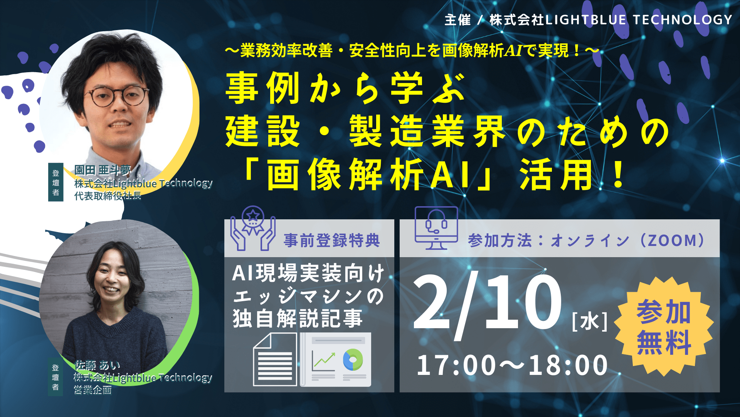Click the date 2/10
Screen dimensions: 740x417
(x=488, y=303)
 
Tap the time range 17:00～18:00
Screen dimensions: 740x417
(x=513, y=365)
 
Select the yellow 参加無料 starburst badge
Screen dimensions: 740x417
(x=663, y=327)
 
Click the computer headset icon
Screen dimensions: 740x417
(x=436, y=228)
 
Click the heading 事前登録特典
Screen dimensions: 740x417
(x=332, y=240)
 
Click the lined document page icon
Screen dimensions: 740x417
(x=275, y=359)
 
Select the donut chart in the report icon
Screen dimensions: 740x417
(x=353, y=359)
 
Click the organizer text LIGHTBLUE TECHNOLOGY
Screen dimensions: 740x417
(x=639, y=19)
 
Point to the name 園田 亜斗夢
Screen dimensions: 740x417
(x=103, y=170)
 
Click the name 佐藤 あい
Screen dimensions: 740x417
(x=97, y=365)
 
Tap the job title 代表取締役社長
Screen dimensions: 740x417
(x=108, y=196)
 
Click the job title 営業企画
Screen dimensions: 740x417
(x=92, y=390)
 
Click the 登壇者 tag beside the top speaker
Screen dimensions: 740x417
(x=55, y=182)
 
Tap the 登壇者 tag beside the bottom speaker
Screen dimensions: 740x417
(x=55, y=377)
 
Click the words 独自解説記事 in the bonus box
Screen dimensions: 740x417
(x=298, y=319)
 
